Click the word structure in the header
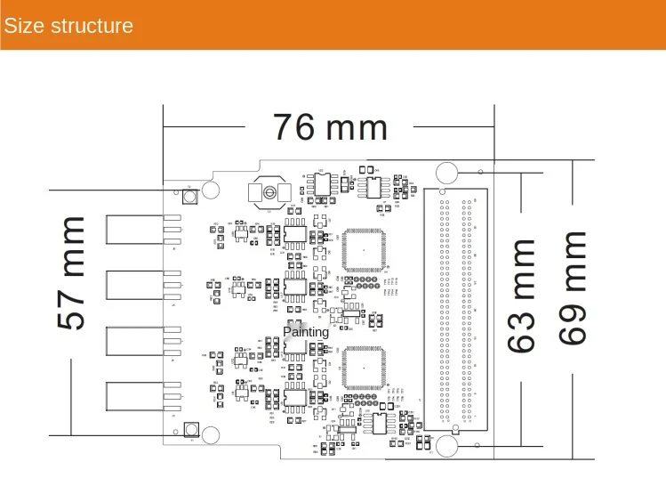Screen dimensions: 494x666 pos(92,25)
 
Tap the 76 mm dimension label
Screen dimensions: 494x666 pos(330,128)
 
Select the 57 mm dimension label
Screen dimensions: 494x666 pos(72,272)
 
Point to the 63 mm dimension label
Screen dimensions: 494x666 pos(522,296)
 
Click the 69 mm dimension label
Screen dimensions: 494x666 pos(574,287)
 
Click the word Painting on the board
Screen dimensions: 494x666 pos(306,332)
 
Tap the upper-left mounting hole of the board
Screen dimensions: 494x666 pos(212,190)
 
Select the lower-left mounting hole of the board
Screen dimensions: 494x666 pos(212,434)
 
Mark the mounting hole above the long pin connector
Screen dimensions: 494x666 pos(446,173)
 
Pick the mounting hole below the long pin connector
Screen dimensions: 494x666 pos(446,443)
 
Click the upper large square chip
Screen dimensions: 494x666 pos(364,250)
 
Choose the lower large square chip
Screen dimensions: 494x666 pos(364,368)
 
